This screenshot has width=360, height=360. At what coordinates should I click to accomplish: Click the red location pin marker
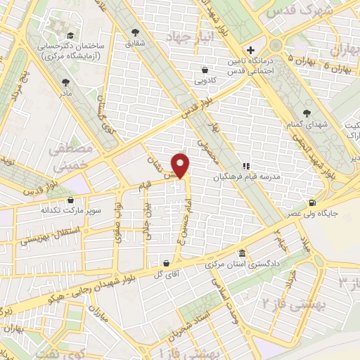182,164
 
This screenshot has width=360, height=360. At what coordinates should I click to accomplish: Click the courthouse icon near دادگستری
243,253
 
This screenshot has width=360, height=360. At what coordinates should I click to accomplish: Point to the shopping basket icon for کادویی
205,70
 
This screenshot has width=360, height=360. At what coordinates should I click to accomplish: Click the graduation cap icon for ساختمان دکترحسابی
70,35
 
